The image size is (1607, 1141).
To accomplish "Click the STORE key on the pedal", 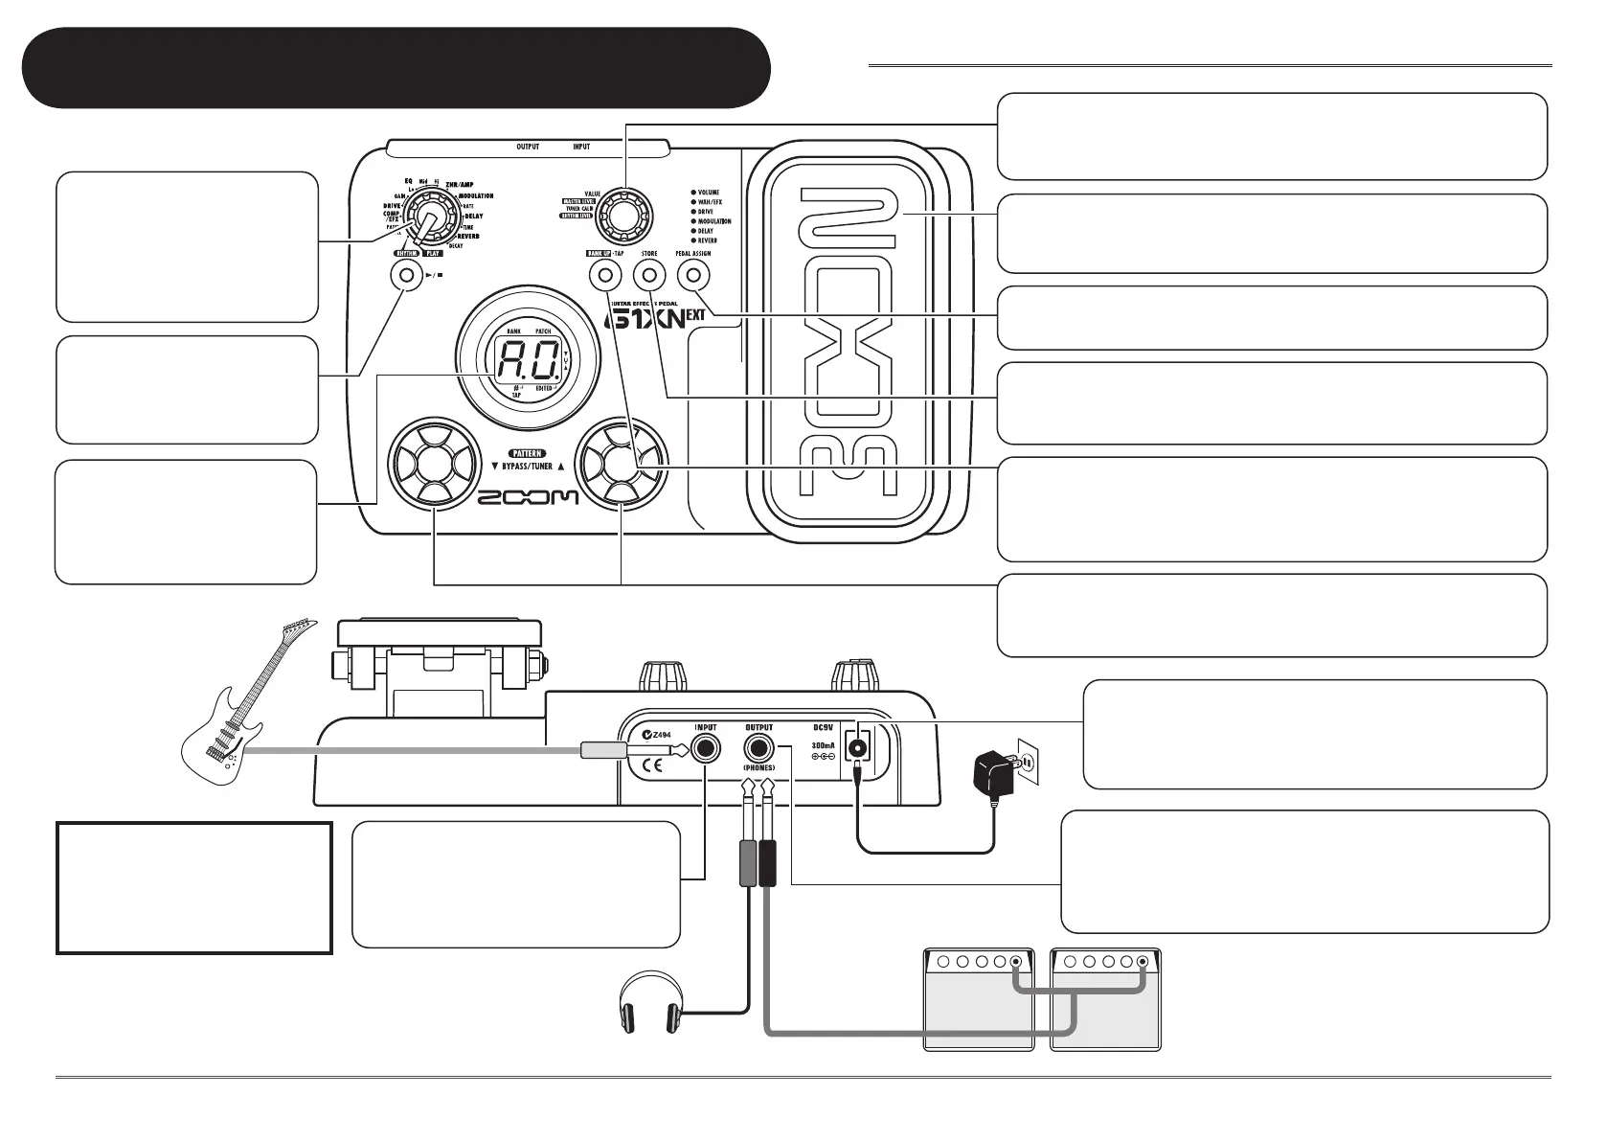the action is coord(648,276).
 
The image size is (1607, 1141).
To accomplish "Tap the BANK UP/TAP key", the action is coord(604,276).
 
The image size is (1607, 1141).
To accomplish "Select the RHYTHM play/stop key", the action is coord(406,276).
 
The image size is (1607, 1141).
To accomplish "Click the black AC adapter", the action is coord(995,773).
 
